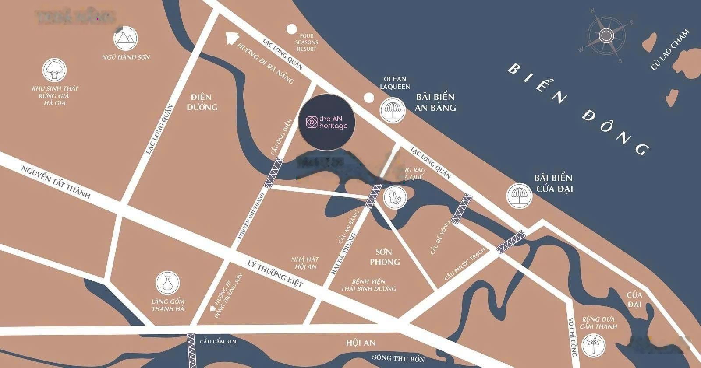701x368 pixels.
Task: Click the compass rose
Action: click(x=607, y=35)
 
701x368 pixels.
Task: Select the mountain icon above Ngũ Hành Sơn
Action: click(x=126, y=39)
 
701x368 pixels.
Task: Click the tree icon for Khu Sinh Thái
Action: click(x=55, y=70)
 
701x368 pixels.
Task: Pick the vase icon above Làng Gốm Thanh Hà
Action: click(x=167, y=283)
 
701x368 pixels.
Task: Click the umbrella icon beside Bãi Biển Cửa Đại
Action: click(x=519, y=196)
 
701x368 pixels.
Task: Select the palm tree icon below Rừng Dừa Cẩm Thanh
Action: click(x=594, y=345)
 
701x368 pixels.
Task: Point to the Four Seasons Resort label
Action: click(x=307, y=42)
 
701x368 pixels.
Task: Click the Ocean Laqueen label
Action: click(x=395, y=83)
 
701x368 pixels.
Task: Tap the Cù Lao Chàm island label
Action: click(x=670, y=49)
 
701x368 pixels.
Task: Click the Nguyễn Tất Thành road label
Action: click(x=56, y=182)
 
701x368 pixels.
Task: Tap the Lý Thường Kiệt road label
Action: click(x=275, y=273)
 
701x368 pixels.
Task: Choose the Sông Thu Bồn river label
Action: click(x=398, y=358)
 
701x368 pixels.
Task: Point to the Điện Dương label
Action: click(x=202, y=102)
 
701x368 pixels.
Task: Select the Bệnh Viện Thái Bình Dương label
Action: click(x=368, y=285)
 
